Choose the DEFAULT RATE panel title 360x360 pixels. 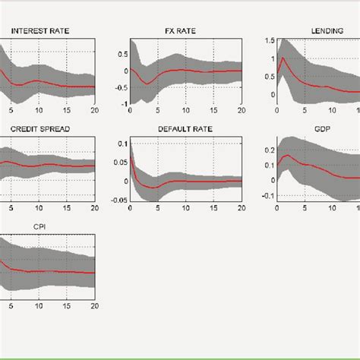click(x=185, y=129)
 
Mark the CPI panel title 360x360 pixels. click(x=38, y=226)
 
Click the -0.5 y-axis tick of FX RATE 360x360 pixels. click(x=119, y=87)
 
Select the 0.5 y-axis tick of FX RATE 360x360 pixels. click(x=122, y=54)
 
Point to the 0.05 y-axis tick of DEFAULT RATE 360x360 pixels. click(x=118, y=162)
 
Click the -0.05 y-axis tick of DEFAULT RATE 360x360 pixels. click(x=117, y=200)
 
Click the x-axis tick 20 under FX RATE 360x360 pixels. click(x=241, y=111)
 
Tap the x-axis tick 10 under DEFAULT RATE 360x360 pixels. click(x=185, y=207)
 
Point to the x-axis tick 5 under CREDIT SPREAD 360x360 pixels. click(x=11, y=207)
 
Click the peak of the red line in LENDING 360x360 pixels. click(x=283, y=58)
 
